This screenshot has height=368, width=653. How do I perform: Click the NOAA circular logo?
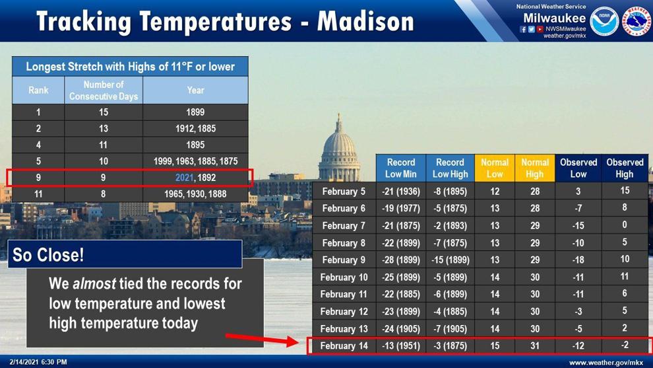pyautogui.click(x=604, y=21)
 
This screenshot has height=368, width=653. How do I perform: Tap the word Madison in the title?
pyautogui.click(x=366, y=21)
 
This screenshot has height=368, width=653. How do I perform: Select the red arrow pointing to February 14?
pyautogui.click(x=262, y=340)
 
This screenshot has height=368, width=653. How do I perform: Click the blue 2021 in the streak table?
pyautogui.click(x=184, y=177)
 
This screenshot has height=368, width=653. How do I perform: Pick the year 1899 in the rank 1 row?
pyautogui.click(x=195, y=112)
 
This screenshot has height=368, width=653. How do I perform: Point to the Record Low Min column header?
pyautogui.click(x=400, y=168)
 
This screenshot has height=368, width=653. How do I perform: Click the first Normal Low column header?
pyautogui.click(x=494, y=168)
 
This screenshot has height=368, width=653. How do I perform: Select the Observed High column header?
pyautogui.click(x=625, y=168)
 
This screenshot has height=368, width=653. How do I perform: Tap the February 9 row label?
pyautogui.click(x=344, y=260)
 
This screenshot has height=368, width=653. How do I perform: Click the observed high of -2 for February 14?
pyautogui.click(x=624, y=345)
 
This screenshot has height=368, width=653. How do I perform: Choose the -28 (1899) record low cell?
pyautogui.click(x=400, y=260)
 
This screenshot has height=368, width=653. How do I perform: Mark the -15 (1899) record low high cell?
pyautogui.click(x=451, y=260)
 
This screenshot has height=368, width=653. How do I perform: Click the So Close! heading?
pyautogui.click(x=48, y=254)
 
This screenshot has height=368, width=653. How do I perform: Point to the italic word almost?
pyautogui.click(x=94, y=283)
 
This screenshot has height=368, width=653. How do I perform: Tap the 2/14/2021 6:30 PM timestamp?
pyautogui.click(x=38, y=362)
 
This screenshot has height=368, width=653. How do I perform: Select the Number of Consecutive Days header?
pyautogui.click(x=104, y=90)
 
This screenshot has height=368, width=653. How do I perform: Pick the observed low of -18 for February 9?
pyautogui.click(x=578, y=260)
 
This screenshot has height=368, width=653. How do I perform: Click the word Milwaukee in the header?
pyautogui.click(x=554, y=18)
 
